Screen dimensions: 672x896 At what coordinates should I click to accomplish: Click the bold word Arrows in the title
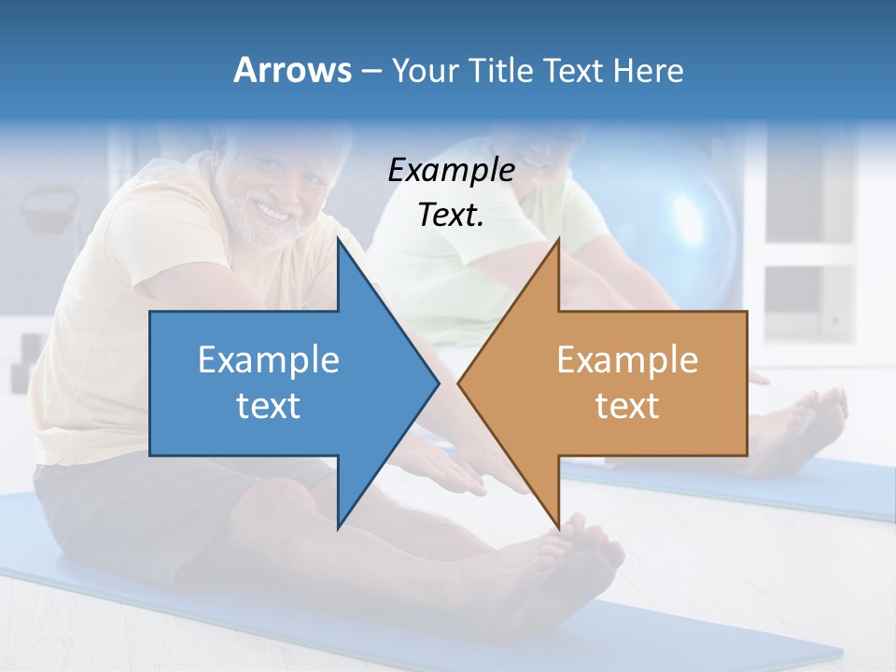[293, 70]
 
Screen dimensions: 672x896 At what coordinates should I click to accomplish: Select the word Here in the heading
[649, 70]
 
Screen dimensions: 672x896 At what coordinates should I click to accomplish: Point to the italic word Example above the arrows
[451, 170]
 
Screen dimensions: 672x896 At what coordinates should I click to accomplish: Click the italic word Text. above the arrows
[451, 215]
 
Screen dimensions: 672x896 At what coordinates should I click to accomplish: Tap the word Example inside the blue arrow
[269, 359]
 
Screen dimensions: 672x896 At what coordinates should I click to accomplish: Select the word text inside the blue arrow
[269, 406]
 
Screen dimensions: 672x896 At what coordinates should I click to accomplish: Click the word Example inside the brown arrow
[627, 359]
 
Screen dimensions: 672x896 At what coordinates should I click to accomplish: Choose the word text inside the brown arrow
[627, 406]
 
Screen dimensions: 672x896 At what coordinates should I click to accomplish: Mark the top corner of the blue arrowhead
[338, 239]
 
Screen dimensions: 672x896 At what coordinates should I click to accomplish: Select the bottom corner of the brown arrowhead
[558, 527]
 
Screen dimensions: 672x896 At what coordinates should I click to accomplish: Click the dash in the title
[370, 71]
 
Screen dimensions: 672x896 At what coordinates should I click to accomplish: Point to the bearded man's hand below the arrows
[457, 471]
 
